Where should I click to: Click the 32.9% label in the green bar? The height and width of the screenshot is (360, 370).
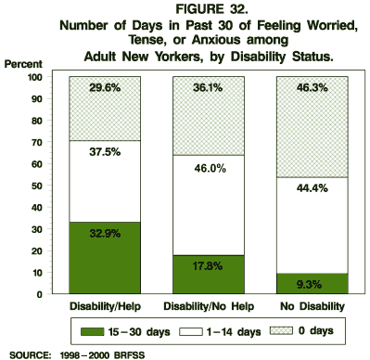103,235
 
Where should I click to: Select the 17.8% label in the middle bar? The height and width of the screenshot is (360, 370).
209,268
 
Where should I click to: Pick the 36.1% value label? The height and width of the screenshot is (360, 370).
209,88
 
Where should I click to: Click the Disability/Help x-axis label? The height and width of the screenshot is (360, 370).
103,305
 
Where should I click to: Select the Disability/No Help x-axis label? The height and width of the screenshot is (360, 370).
209,305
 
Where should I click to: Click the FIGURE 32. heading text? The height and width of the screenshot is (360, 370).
186,9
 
